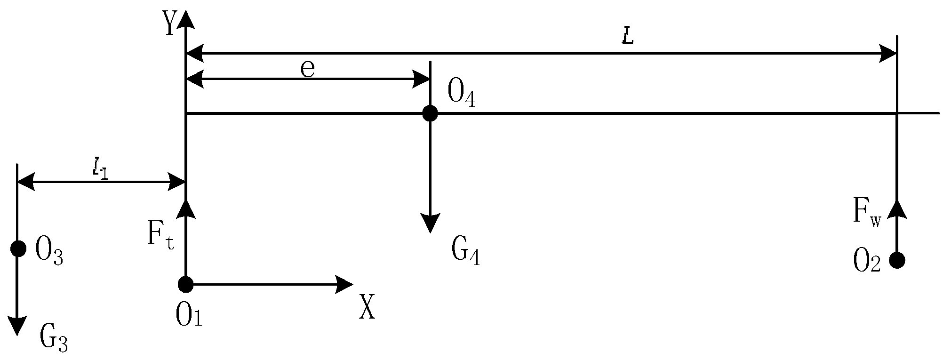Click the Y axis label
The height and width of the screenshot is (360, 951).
coord(169,24)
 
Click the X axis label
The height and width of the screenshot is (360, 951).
coord(368,307)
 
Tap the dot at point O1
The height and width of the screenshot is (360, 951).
coord(186,284)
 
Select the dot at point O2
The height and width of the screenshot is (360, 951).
coord(897,260)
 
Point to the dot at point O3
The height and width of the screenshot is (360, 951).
coord(18,248)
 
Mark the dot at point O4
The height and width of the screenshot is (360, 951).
coord(430,113)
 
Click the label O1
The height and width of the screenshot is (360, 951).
coord(189,315)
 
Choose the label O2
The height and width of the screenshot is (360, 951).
coord(866,262)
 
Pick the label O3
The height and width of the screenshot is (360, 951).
coord(49,255)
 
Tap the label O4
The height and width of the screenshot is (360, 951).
coord(461,93)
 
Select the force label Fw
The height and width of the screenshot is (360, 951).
coord(866,212)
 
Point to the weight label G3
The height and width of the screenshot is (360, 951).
coord(54,338)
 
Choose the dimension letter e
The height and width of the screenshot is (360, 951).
coord(307,70)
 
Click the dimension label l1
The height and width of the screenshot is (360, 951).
coord(100,169)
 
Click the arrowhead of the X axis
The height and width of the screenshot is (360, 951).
coord(345,284)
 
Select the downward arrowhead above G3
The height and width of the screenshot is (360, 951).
coord(18,326)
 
